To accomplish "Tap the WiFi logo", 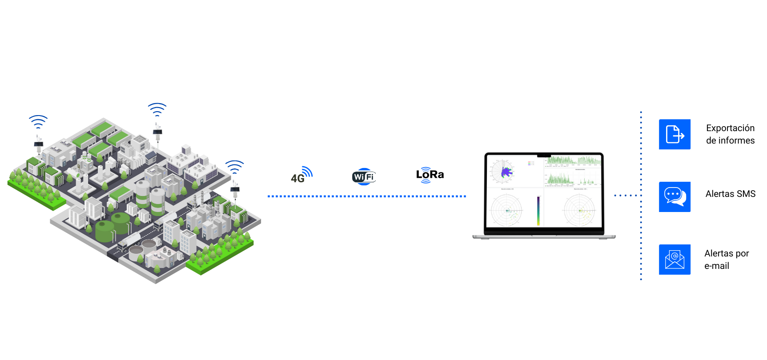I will [364, 177].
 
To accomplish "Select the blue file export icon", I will [675, 134].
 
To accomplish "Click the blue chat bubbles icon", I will [675, 196].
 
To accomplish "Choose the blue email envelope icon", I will [675, 259].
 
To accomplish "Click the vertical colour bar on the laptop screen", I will [538, 211].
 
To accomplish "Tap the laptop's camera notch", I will [544, 156].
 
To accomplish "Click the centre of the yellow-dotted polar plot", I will [579, 211].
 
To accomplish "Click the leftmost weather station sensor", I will [39, 142].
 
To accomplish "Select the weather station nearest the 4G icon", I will [234, 188].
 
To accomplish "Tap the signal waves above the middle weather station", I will [157, 109].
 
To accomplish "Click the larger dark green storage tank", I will [105, 230].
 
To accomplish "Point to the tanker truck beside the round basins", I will [129, 241].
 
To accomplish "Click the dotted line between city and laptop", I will [367, 196].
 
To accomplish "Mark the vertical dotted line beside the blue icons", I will [641, 196].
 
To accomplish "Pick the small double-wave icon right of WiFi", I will [426, 175].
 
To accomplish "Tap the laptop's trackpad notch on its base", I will [544, 236].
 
